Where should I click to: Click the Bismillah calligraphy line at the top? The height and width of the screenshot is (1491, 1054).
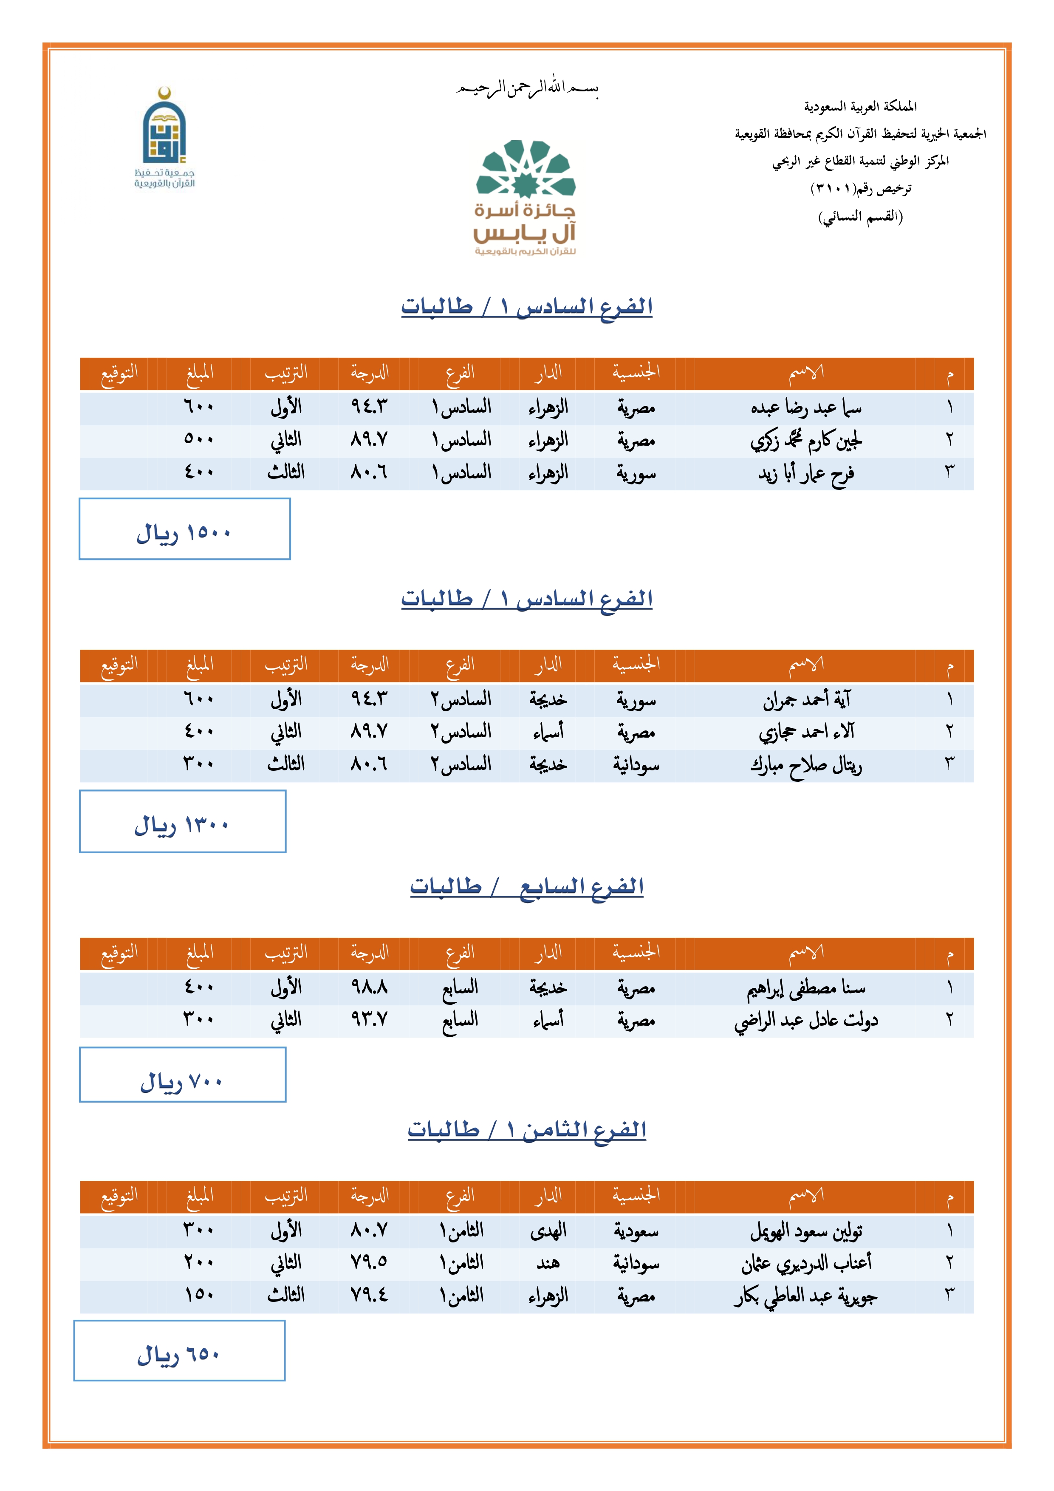(x=527, y=88)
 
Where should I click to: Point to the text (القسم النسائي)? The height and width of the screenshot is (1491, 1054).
(x=860, y=216)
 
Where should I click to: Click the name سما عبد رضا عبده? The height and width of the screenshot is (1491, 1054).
(x=805, y=408)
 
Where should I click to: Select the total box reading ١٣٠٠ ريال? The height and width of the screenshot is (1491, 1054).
(x=183, y=821)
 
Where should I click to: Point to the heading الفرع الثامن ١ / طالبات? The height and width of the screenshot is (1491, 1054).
(x=527, y=1130)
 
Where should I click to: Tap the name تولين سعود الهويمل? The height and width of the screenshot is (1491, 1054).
(x=805, y=1231)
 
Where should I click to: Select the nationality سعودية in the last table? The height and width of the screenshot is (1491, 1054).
(x=636, y=1231)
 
